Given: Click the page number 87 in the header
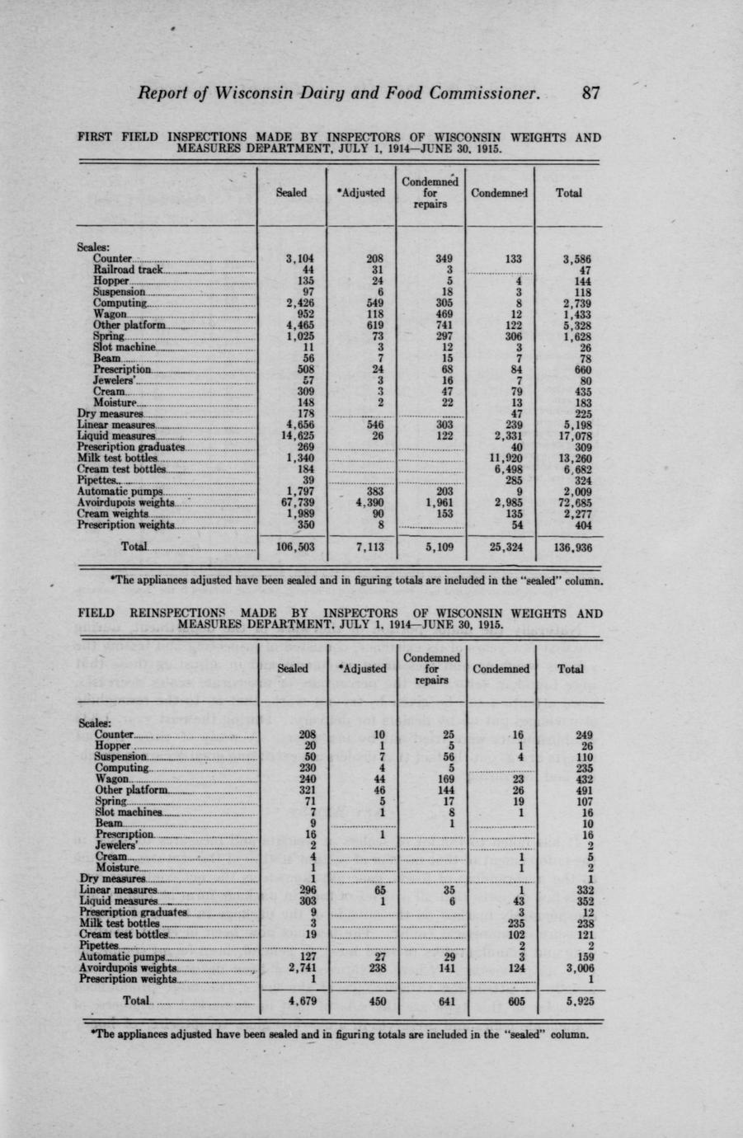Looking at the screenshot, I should (x=590, y=93).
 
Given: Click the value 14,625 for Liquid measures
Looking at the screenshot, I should (x=296, y=435).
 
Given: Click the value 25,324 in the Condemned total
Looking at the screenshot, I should (x=503, y=547).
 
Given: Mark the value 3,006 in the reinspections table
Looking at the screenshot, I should (x=574, y=969).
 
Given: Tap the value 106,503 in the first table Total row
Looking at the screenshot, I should (x=293, y=547).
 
